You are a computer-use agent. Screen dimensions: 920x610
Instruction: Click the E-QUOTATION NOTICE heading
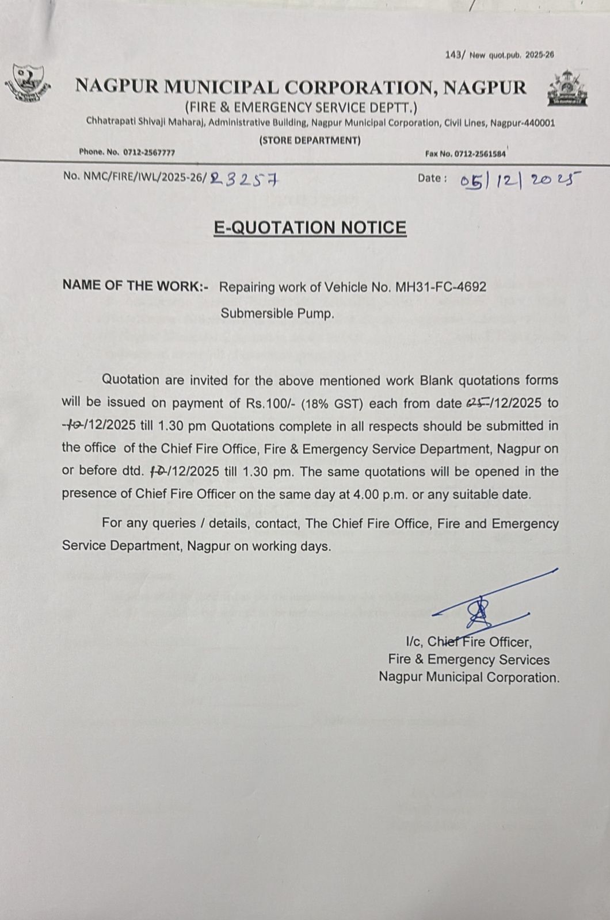point(310,228)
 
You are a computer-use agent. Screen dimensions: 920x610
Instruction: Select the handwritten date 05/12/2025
point(520,181)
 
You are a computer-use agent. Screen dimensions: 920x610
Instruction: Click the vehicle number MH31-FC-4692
point(441,286)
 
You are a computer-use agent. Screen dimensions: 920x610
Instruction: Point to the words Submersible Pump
point(277,314)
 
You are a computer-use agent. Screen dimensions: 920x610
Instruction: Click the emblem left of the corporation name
point(28,85)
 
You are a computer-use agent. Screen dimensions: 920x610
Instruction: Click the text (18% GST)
point(333,404)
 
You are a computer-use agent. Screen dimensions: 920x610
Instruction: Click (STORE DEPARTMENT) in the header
point(310,140)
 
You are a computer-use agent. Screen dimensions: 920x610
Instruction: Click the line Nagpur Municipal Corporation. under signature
point(468,678)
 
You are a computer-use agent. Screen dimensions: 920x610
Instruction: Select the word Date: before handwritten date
point(432,178)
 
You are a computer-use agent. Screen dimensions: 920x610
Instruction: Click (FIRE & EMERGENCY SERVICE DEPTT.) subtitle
point(301,108)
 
